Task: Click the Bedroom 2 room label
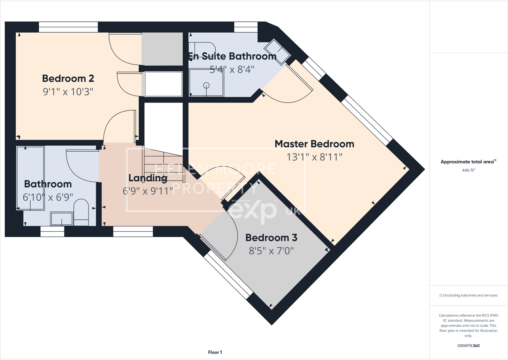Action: click(x=68, y=79)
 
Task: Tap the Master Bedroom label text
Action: click(x=314, y=144)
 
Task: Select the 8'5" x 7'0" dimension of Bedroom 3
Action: click(x=271, y=251)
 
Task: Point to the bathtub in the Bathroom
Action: click(x=30, y=178)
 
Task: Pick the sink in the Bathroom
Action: click(x=62, y=219)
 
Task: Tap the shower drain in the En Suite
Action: click(x=206, y=85)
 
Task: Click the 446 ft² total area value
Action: click(x=468, y=170)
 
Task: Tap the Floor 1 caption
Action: click(x=215, y=352)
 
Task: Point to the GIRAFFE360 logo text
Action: click(x=468, y=346)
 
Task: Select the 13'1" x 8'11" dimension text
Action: click(x=314, y=157)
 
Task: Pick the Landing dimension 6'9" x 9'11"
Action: click(x=148, y=191)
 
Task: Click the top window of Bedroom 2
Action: click(x=68, y=27)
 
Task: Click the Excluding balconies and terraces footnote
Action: click(x=468, y=295)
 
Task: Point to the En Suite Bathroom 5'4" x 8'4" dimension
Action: click(x=232, y=69)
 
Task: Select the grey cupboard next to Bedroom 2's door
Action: click(x=162, y=49)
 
